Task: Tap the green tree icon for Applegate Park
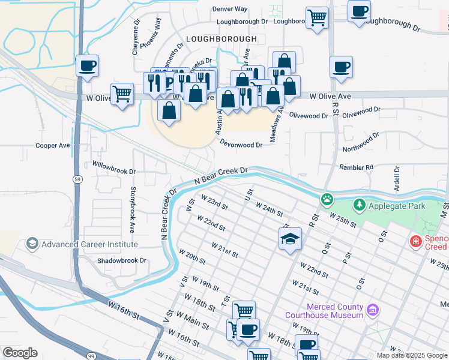tap(360, 205)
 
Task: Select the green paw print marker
tap(327, 199)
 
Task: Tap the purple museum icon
tap(373, 310)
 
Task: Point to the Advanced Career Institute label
tap(89, 244)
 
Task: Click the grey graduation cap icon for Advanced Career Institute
tap(32, 244)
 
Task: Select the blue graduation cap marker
tap(290, 239)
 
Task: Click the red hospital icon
tap(415, 242)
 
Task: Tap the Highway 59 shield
tap(78, 179)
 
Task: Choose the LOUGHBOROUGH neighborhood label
tap(221, 38)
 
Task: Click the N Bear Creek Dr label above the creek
tap(221, 175)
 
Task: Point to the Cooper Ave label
tap(53, 145)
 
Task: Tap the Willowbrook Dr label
tap(114, 167)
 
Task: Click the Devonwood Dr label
tap(241, 145)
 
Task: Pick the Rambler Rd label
tap(356, 167)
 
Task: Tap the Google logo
tap(20, 353)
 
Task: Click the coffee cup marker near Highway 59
tap(88, 65)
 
